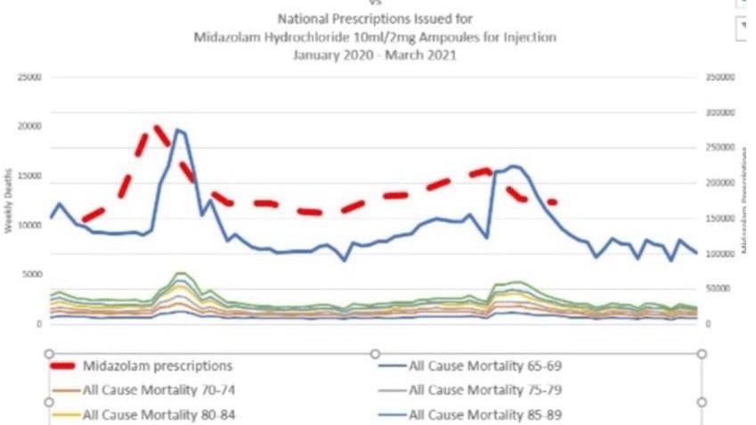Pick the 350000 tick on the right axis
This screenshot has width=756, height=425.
[x=719, y=78]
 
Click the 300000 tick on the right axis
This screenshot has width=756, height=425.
[x=719, y=113]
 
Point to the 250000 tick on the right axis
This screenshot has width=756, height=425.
[x=719, y=148]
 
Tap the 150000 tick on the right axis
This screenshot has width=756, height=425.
[x=719, y=218]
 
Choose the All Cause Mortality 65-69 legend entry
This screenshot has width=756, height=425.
[x=484, y=365]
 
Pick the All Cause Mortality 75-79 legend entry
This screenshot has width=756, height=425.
[x=484, y=389]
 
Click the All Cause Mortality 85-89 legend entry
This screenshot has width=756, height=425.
[x=484, y=413]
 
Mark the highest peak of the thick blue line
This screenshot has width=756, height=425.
[x=177, y=130]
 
